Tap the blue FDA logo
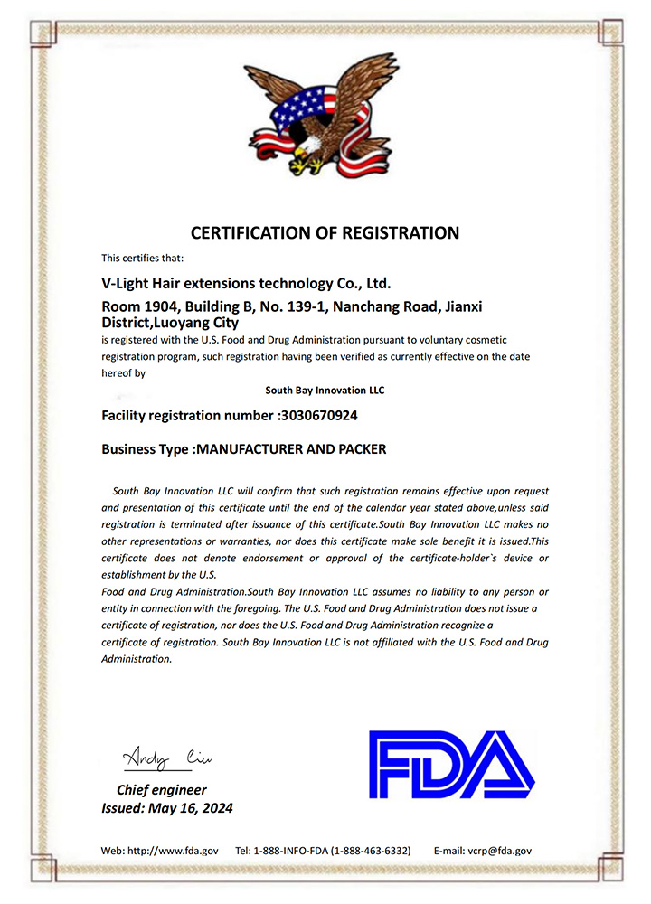coord(451,764)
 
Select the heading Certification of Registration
coord(325,232)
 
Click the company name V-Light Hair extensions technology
coord(245,284)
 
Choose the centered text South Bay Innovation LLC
coord(325,391)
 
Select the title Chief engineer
coord(161,789)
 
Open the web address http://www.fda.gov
coord(172,851)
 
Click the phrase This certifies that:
coord(143,259)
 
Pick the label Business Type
coord(146,448)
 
